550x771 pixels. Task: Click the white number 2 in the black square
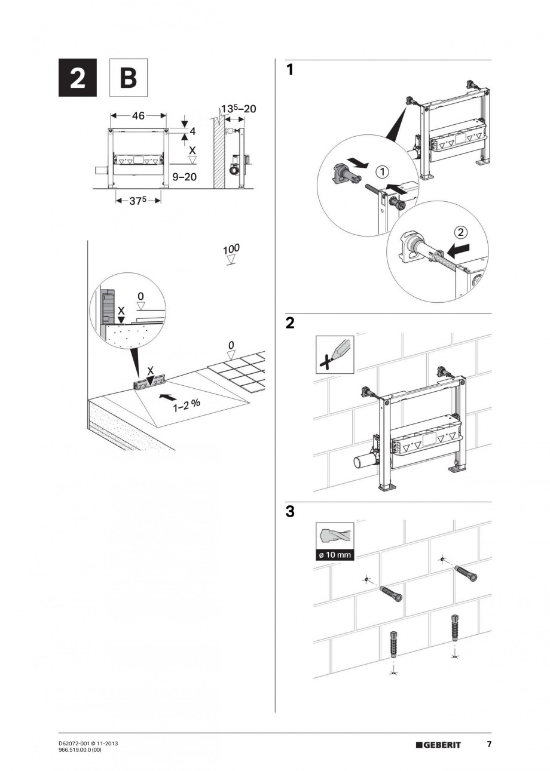77,78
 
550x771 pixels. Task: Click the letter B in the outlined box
128,78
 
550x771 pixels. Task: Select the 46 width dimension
138,116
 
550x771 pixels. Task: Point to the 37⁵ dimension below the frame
138,201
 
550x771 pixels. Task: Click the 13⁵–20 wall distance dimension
238,109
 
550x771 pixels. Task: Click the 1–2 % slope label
187,404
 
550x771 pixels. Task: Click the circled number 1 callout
382,173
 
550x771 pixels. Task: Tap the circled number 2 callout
460,232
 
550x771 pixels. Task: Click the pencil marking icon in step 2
334,355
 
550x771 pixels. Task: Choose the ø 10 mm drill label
334,555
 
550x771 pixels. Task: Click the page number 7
488,744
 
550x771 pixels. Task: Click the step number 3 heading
290,512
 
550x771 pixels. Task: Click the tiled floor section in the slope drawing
239,370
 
